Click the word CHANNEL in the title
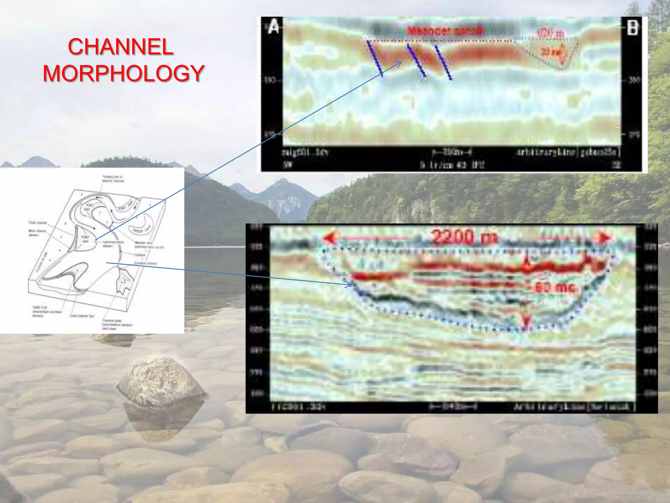click(120, 47)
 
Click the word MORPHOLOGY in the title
click(124, 73)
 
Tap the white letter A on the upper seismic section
click(273, 27)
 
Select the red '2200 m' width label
click(465, 236)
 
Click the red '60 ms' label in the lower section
click(555, 287)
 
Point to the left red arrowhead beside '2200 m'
click(330, 237)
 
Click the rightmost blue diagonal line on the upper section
click(443, 62)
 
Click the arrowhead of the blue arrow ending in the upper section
click(399, 63)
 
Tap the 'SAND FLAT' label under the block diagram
click(40, 307)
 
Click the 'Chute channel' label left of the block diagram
click(37, 223)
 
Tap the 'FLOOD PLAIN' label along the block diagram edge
click(43, 262)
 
